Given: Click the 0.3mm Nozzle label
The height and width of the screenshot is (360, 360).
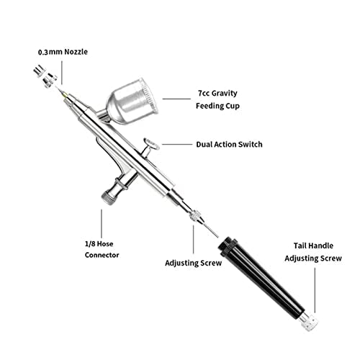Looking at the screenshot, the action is point(63,52).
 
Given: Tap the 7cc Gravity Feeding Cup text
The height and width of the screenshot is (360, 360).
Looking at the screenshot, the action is point(217,99).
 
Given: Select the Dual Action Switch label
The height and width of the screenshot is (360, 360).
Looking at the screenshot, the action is point(229,144).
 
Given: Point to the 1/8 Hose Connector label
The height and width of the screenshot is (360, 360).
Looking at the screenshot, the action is point(102,249).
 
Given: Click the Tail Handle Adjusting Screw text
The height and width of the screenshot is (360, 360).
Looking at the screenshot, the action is point(313,252).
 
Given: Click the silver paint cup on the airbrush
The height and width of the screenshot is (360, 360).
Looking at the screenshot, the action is point(132,102).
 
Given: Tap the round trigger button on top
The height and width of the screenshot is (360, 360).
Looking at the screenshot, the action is point(151,143).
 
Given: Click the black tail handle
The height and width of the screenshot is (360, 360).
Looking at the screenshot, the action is point(261,275).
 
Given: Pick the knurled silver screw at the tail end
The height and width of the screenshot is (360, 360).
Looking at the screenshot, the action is point(309,321).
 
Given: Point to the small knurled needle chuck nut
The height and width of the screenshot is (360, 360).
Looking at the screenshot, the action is point(195,216).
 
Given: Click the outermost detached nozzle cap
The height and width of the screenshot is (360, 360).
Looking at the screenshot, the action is point(39,71).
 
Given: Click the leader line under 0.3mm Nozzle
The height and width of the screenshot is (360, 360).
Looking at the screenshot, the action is point(62,73).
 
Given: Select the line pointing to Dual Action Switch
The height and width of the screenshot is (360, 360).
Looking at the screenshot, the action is point(177,144).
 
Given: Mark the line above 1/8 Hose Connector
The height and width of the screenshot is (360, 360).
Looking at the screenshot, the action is point(102,224).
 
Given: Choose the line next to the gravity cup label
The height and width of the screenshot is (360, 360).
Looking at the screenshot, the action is point(176,99).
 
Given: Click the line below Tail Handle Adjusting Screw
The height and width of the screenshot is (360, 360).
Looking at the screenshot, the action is point(315,290).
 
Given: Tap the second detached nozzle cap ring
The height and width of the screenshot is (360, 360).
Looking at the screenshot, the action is point(50,80).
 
